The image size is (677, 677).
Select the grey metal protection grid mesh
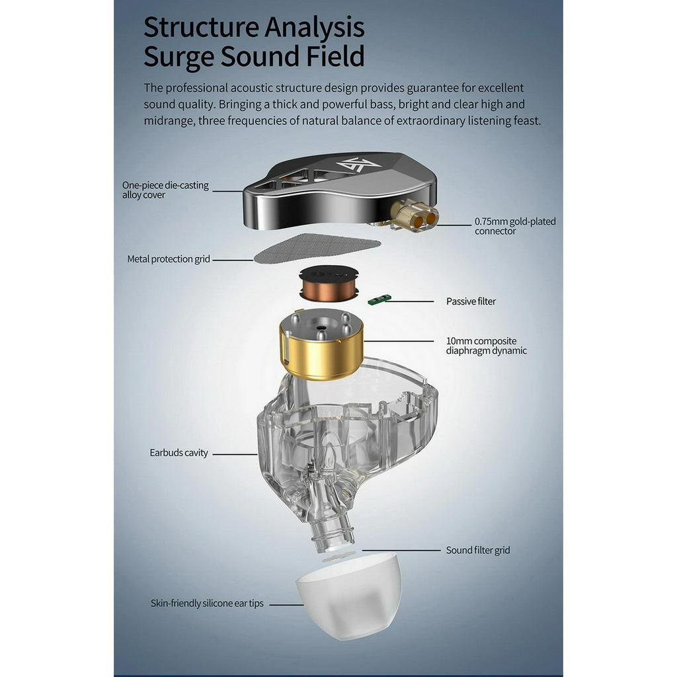point(317,249)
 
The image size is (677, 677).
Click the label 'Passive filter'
point(471,301)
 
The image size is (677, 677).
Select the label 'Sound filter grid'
point(478,550)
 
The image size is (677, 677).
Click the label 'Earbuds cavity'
point(179,453)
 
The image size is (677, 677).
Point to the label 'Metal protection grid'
point(169,259)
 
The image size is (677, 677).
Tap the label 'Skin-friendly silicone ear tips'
point(207,603)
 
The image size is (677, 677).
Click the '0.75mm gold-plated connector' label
point(515,226)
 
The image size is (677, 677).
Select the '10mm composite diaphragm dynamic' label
point(486,346)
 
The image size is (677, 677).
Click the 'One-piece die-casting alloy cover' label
point(165,190)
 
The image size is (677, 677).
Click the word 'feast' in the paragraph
point(527,120)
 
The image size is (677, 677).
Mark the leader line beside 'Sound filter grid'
point(401,551)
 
